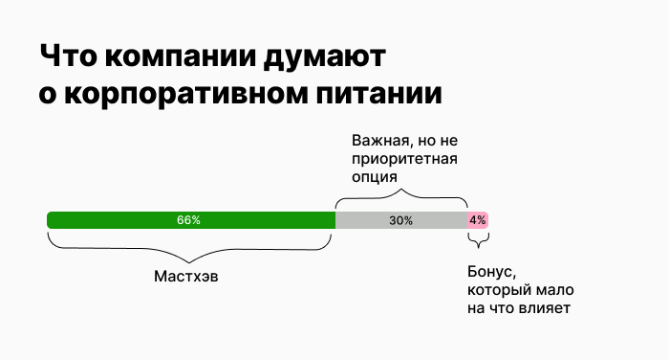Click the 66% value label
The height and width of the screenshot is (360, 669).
(188, 220)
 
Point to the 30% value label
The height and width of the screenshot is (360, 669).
(400, 220)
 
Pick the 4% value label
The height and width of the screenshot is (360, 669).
(478, 220)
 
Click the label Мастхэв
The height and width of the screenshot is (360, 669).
(192, 276)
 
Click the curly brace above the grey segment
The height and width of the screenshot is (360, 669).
(400, 198)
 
